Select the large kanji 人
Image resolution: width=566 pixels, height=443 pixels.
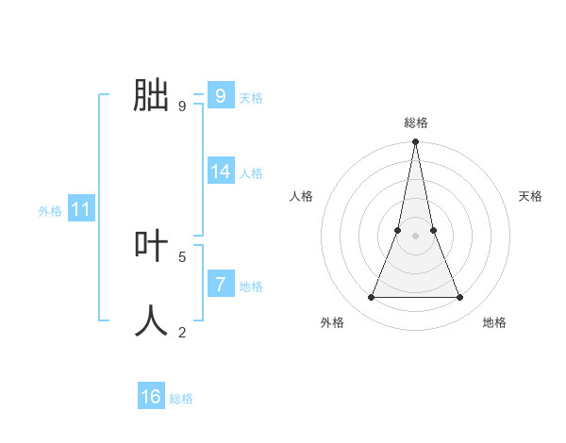pos(152,320)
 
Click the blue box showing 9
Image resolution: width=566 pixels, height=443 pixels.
pos(220,95)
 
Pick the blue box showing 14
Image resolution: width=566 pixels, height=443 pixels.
pos(221,171)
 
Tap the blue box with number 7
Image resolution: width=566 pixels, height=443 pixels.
pos(220,283)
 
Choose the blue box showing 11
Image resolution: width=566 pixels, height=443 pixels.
pos(80,209)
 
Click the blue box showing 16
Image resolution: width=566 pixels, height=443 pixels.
pos(151,397)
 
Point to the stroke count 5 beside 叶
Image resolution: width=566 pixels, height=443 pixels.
pos(182,256)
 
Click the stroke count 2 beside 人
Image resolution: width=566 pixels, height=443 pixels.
pos(182,332)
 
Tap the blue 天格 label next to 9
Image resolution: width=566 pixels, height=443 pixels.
pos(251,97)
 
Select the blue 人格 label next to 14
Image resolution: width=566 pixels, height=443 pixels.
pos(251,173)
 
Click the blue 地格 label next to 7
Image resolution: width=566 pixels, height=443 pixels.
pos(251,286)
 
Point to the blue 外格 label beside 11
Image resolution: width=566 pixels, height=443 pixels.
pos(50,211)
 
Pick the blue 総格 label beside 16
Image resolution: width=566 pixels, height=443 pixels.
pos(181,399)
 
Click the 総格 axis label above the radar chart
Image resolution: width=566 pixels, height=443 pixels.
pos(416,123)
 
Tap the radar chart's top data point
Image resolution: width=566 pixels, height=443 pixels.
pos(416,142)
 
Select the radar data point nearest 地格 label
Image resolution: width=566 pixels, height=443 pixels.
pos(460,298)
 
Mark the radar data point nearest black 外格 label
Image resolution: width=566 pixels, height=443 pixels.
pos(371,298)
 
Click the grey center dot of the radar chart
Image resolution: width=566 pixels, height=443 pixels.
pos(416,236)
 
